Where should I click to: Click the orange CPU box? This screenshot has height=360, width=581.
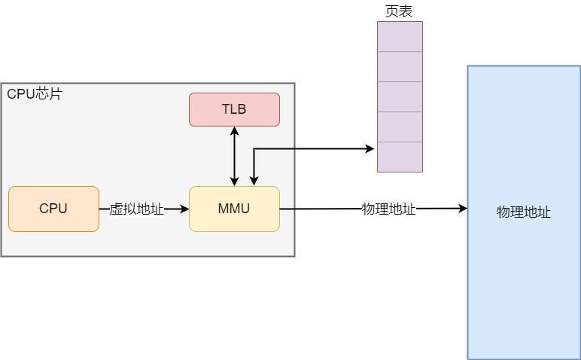(x=53, y=209)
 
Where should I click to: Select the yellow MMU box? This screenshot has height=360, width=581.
(x=234, y=209)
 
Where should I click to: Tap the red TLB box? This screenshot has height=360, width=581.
(x=234, y=109)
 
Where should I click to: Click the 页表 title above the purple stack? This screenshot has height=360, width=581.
(x=399, y=11)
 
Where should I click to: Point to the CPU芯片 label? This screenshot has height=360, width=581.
(x=35, y=94)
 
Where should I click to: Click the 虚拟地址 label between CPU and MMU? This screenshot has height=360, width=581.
(x=136, y=209)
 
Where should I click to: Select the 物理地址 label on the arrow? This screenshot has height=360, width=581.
(x=388, y=209)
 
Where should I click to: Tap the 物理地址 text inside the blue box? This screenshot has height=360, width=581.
(x=524, y=212)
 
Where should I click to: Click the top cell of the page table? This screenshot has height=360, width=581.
(x=400, y=36)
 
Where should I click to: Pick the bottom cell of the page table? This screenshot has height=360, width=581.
(x=400, y=157)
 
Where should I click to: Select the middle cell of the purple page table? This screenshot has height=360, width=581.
(x=400, y=96)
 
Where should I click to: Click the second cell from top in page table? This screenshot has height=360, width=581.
(x=400, y=66)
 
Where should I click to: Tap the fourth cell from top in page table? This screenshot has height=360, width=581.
(x=400, y=127)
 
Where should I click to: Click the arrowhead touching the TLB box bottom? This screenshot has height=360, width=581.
(x=235, y=131)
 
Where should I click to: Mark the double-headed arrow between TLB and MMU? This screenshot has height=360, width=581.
(x=235, y=156)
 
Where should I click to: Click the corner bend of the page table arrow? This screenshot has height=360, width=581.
(x=254, y=149)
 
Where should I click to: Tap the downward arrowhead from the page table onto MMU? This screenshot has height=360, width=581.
(x=254, y=181)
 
